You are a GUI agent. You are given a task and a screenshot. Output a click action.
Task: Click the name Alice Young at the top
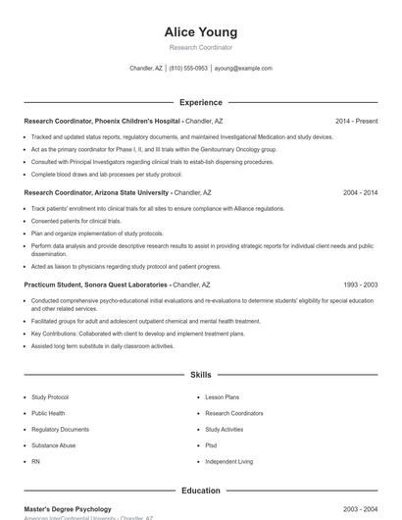click(x=201, y=31)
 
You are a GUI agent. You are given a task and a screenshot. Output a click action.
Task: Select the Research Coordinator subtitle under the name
click(x=201, y=47)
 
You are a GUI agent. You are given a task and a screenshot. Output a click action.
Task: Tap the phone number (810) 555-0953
click(x=188, y=69)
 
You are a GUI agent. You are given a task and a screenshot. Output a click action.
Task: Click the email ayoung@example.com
click(x=243, y=69)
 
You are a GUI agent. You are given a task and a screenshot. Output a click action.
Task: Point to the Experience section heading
click(x=201, y=102)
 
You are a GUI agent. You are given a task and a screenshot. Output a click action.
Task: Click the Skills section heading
click(x=201, y=375)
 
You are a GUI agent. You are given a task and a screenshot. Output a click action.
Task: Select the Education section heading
click(x=201, y=490)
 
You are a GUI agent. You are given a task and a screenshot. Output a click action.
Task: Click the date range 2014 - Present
click(x=356, y=121)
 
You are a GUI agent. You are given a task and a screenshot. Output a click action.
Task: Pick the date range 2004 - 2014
click(x=360, y=192)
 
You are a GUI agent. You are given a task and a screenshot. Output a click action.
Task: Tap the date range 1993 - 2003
click(x=360, y=284)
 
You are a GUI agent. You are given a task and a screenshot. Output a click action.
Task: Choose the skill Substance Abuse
click(x=53, y=445)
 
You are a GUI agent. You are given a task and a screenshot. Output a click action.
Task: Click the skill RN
click(x=35, y=461)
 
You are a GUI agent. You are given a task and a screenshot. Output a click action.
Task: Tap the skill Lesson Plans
click(x=223, y=397)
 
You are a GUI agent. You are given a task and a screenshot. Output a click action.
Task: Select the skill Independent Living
click(x=228, y=461)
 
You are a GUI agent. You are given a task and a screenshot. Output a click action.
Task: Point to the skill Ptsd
click(x=211, y=445)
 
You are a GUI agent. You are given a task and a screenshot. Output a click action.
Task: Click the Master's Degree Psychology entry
click(x=68, y=509)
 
